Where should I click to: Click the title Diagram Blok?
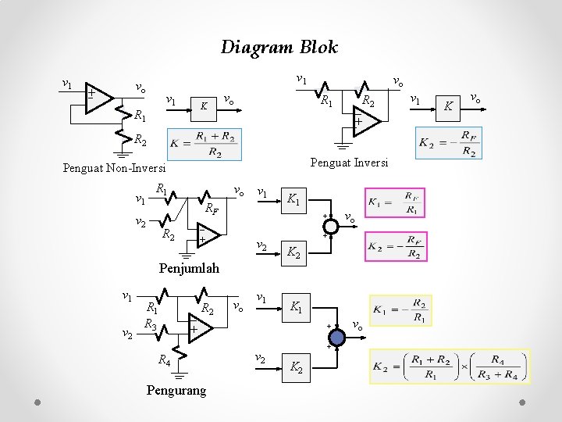click(279, 47)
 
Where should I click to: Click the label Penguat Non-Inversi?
click(115, 168)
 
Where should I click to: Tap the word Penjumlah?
click(189, 269)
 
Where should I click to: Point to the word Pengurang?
click(176, 390)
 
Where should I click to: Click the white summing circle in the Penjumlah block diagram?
click(331, 226)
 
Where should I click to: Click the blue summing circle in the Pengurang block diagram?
click(336, 336)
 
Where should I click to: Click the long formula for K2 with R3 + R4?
click(456, 366)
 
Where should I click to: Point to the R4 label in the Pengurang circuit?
click(164, 360)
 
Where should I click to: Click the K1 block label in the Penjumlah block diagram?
click(293, 200)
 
